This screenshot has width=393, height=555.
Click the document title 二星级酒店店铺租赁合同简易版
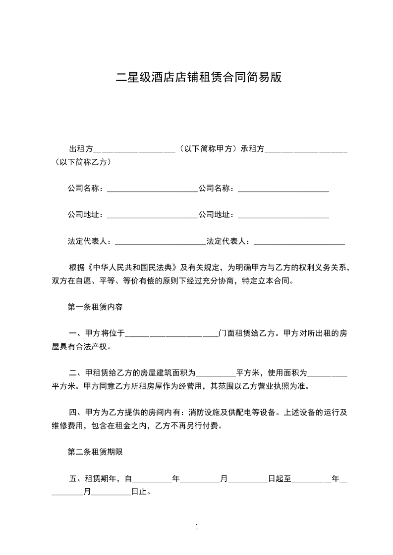[198, 78]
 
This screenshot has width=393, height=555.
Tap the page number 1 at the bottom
[197, 527]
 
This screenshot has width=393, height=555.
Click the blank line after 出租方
[134, 149]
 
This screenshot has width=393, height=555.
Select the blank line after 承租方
[306, 149]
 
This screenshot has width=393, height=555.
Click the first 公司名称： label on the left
[87, 188]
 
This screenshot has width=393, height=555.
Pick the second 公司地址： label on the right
[218, 215]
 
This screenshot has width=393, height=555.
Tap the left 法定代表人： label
[91, 241]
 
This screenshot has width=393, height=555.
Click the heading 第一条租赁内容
[95, 307]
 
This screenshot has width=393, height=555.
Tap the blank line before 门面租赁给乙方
[171, 333]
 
